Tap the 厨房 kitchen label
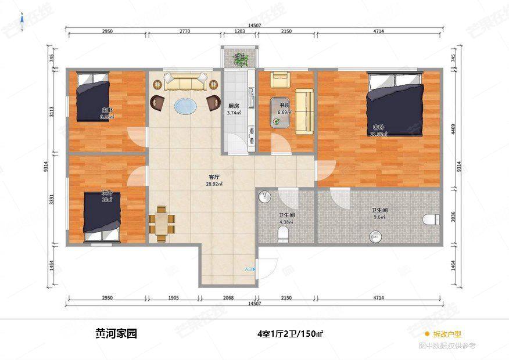click(234, 106)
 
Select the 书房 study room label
click(284, 105)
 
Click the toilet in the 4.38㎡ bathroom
click(283, 233)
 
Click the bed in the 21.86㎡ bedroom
click(395, 105)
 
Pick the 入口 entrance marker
click(249, 269)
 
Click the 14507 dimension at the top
click(254, 26)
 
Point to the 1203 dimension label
click(239, 31)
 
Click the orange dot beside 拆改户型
click(427, 334)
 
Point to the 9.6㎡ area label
click(379, 218)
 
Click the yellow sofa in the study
click(304, 111)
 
